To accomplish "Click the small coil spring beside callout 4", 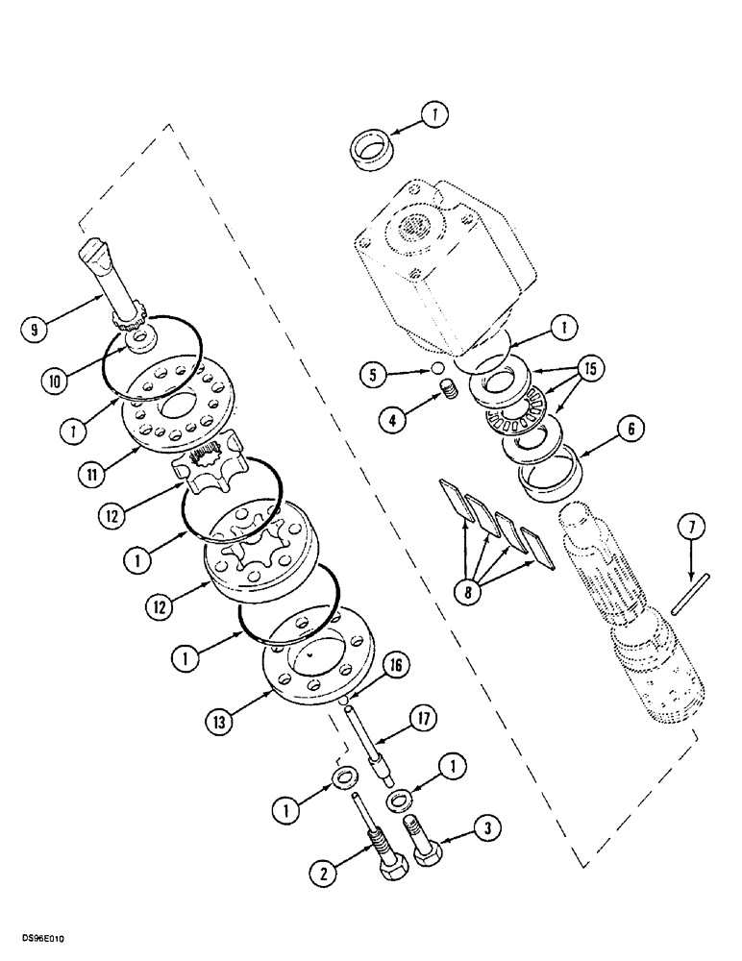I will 446,394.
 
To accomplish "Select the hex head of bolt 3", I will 426,852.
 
